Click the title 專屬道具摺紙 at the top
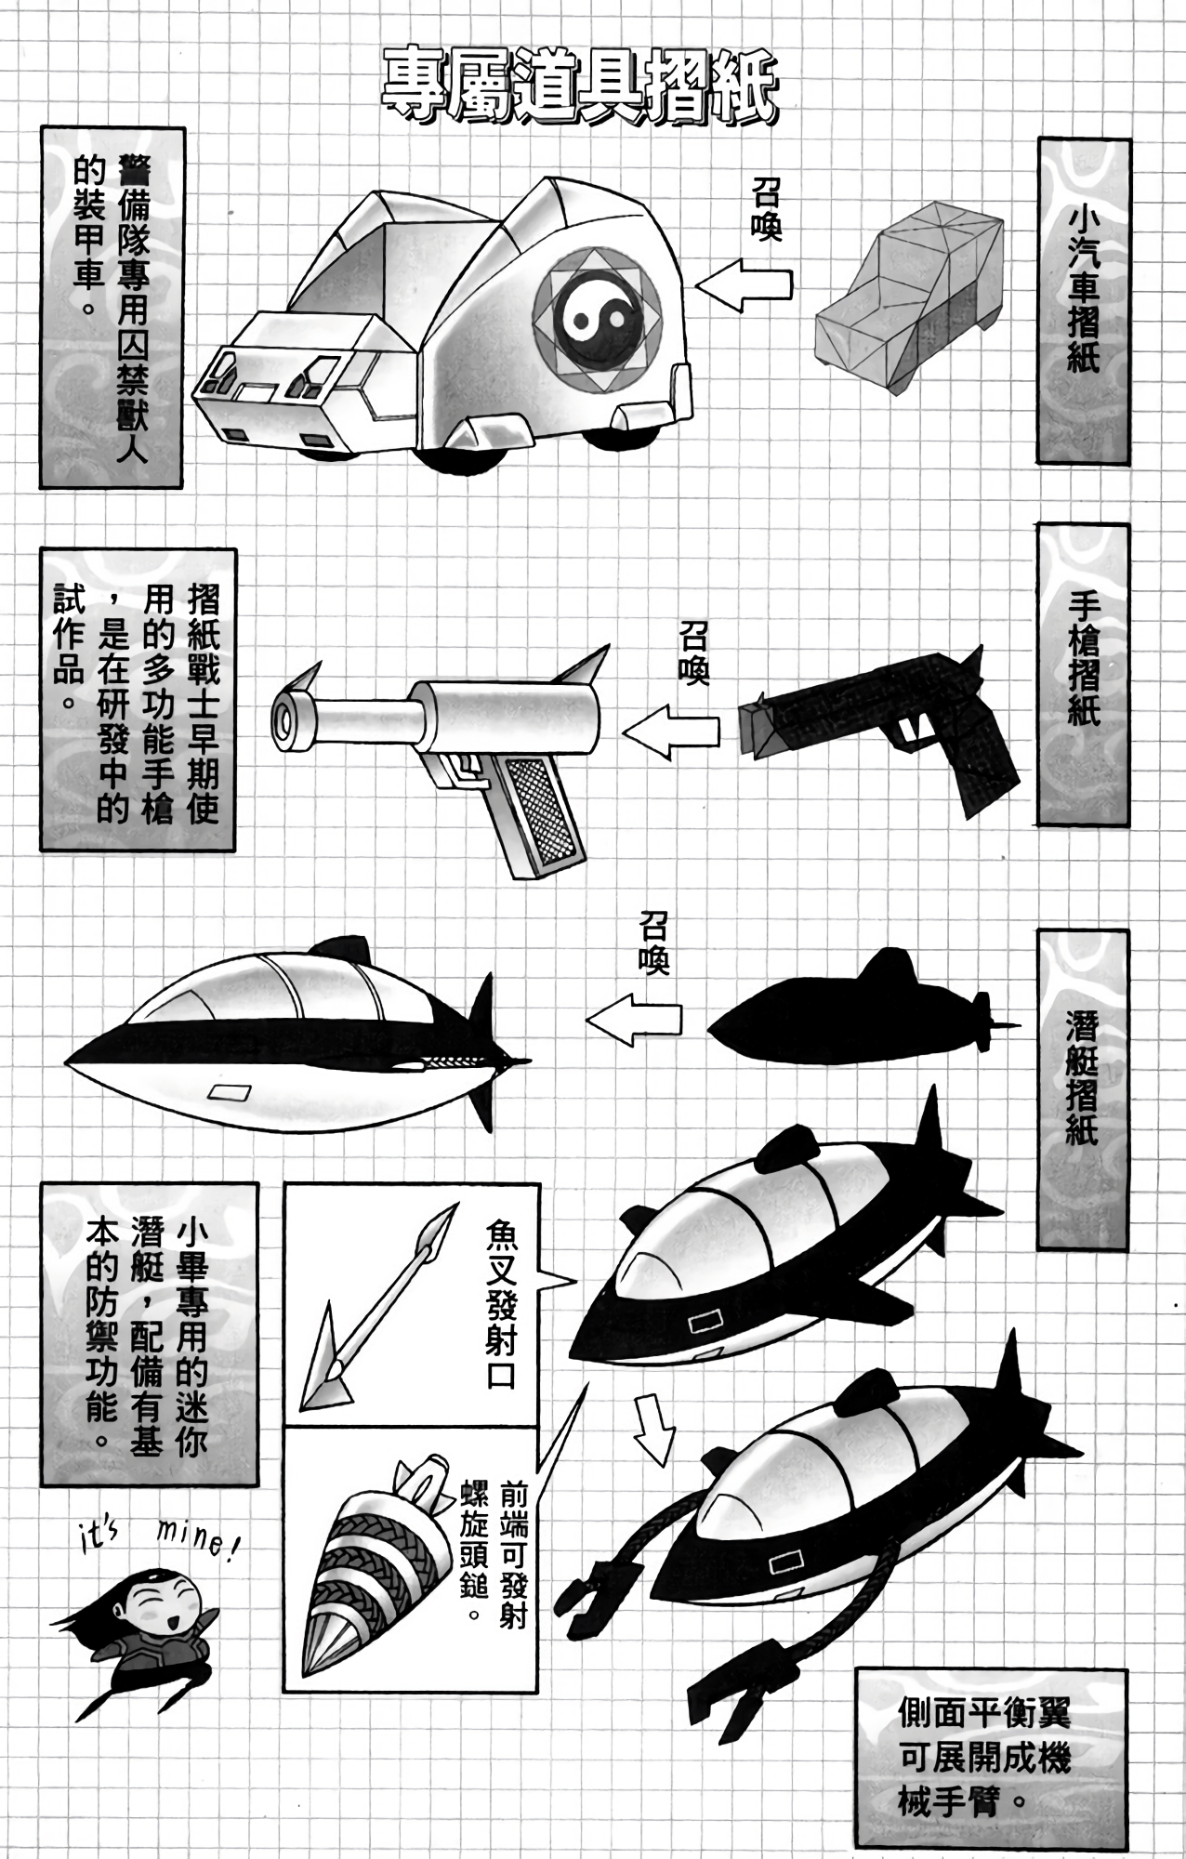coord(579,87)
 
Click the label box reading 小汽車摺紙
coord(1085,301)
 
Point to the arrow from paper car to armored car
coord(744,284)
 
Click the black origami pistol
coord(879,731)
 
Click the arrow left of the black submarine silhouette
coord(634,1019)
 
